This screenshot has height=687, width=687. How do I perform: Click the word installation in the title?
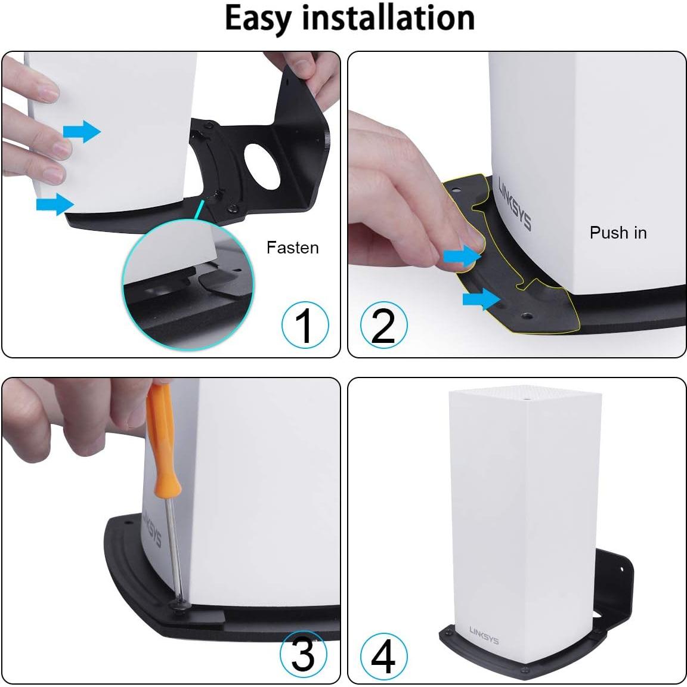(388, 17)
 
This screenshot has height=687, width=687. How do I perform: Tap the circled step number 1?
(305, 326)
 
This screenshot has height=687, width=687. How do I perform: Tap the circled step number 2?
(383, 326)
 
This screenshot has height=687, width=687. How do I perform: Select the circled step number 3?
(304, 654)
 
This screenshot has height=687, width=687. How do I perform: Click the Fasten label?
(292, 247)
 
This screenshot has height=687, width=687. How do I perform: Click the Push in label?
(618, 233)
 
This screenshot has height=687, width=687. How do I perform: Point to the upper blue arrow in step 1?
(82, 131)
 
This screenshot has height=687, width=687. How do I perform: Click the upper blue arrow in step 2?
(462, 256)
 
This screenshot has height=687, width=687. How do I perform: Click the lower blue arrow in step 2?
(481, 298)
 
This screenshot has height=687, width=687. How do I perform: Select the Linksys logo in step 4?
(484, 635)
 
